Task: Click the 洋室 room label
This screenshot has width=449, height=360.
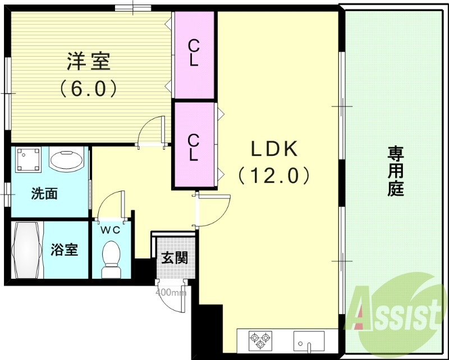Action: [x=89, y=61]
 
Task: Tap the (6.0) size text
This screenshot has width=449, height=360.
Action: [x=89, y=88]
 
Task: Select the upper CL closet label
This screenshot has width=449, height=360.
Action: [x=194, y=53]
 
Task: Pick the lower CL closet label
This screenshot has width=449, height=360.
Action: [x=194, y=147]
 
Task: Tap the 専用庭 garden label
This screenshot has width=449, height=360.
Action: [x=396, y=171]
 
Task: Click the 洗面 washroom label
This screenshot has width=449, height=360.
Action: [x=44, y=195]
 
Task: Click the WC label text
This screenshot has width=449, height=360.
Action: [x=110, y=229]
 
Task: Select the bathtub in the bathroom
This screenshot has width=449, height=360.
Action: [x=27, y=250]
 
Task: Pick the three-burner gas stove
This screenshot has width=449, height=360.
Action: [x=260, y=339]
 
